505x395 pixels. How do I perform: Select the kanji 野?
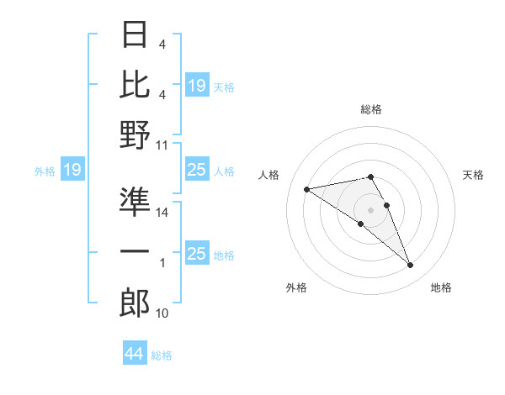point(135,134)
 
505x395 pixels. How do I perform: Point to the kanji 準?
point(135,203)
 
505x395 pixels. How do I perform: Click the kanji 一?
point(135,252)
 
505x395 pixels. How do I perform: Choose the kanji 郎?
point(135,303)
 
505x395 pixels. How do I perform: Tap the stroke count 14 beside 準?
point(162,213)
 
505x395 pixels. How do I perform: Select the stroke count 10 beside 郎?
point(162,313)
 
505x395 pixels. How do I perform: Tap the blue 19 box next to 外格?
point(72,171)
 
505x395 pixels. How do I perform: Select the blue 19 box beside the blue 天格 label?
point(196,86)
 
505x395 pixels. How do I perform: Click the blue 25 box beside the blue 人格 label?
point(196,171)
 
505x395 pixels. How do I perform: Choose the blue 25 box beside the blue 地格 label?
point(196,255)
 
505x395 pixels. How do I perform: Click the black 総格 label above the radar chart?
point(370,110)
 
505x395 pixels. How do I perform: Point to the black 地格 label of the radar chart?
point(441,287)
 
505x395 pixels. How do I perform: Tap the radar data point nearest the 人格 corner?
point(307,188)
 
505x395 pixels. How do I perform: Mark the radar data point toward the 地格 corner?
point(410,266)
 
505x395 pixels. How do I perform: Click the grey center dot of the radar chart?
point(370,209)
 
